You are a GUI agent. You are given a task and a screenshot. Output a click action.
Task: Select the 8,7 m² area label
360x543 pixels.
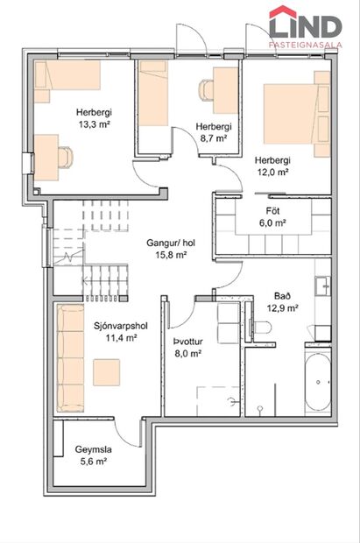[x=213, y=138]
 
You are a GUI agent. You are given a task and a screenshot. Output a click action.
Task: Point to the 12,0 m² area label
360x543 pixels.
[x=272, y=173]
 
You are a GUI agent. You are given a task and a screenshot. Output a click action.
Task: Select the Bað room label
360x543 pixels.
[x=282, y=295]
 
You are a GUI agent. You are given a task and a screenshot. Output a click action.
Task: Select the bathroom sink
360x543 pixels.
[x=322, y=286]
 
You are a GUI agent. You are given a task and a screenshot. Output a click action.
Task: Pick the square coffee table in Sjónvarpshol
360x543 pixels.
[x=112, y=372]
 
